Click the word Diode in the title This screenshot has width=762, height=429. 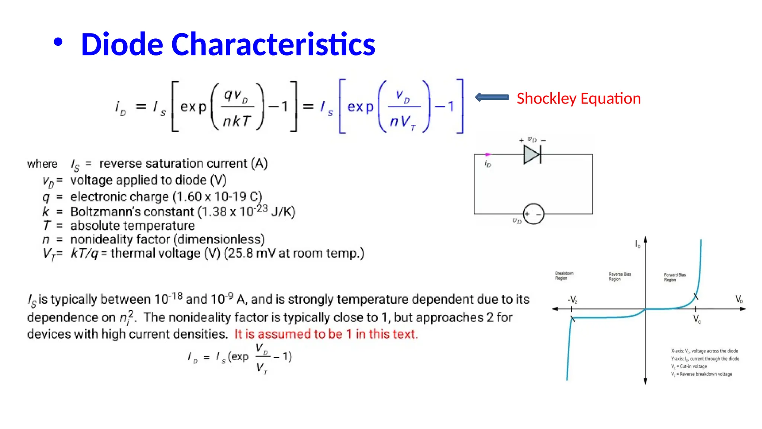click(122, 44)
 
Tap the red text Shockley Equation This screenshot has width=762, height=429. click(579, 99)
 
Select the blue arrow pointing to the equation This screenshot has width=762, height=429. click(492, 97)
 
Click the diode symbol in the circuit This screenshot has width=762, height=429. click(532, 155)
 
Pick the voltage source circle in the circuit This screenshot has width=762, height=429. click(533, 214)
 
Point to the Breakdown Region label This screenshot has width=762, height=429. click(564, 276)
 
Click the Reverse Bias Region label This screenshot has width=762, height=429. click(619, 277)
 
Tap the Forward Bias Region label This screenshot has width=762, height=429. click(675, 277)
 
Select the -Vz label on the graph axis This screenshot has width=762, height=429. click(572, 300)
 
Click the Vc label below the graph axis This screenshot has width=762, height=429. click(697, 319)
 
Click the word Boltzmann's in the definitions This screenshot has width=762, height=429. click(132, 212)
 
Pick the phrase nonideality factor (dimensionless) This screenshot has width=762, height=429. click(167, 239)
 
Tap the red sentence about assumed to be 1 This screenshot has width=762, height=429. click(326, 334)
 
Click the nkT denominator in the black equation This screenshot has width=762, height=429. click(237, 121)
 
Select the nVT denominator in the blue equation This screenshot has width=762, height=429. click(403, 122)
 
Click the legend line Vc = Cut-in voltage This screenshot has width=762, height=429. click(689, 366)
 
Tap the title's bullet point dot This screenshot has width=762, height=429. click(58, 42)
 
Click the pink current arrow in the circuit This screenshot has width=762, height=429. click(487, 154)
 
